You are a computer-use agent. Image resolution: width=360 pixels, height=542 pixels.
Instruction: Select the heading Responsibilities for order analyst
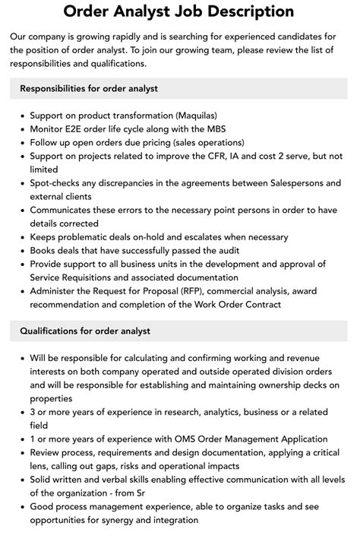click(x=89, y=88)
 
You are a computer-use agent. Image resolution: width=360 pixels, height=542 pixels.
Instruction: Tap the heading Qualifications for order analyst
click(x=85, y=331)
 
